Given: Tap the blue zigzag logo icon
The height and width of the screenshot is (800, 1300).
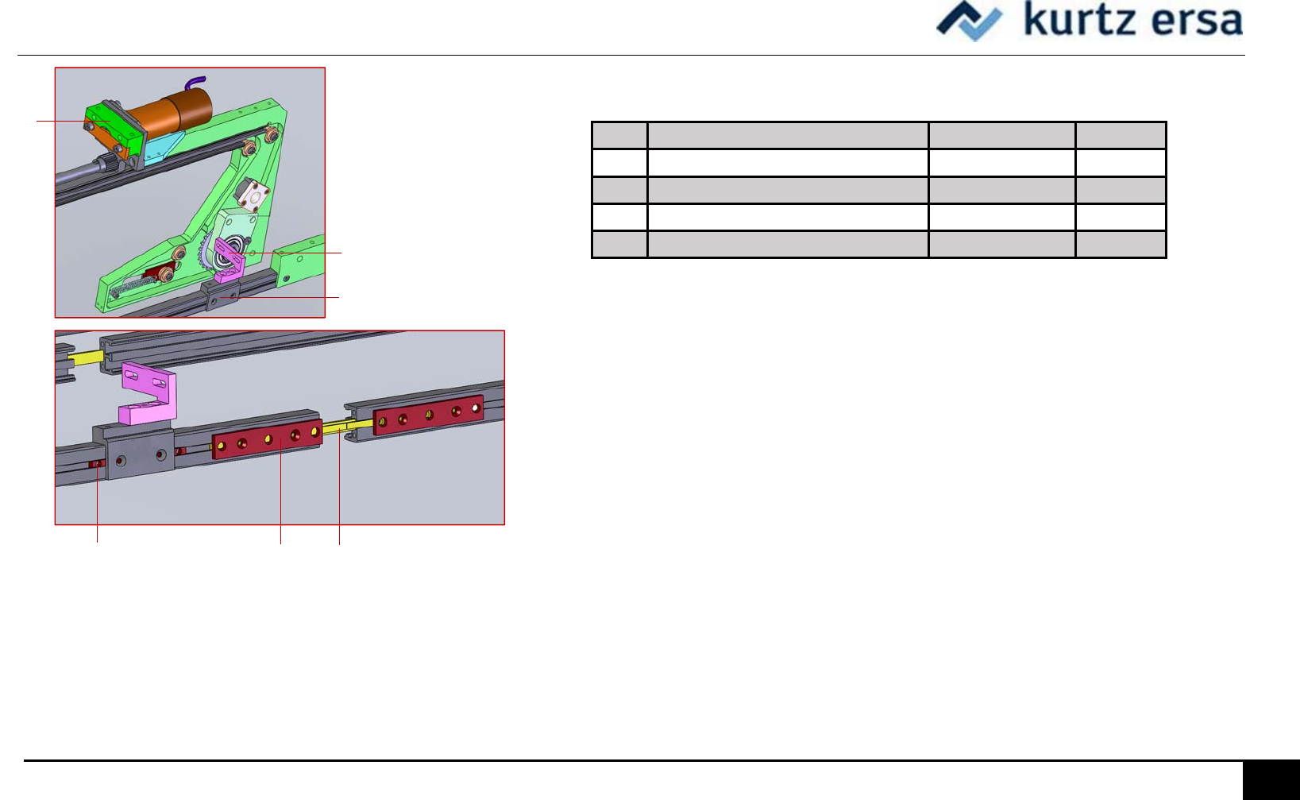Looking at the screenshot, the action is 969,21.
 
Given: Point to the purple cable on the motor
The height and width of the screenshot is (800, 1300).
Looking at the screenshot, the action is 195,83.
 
